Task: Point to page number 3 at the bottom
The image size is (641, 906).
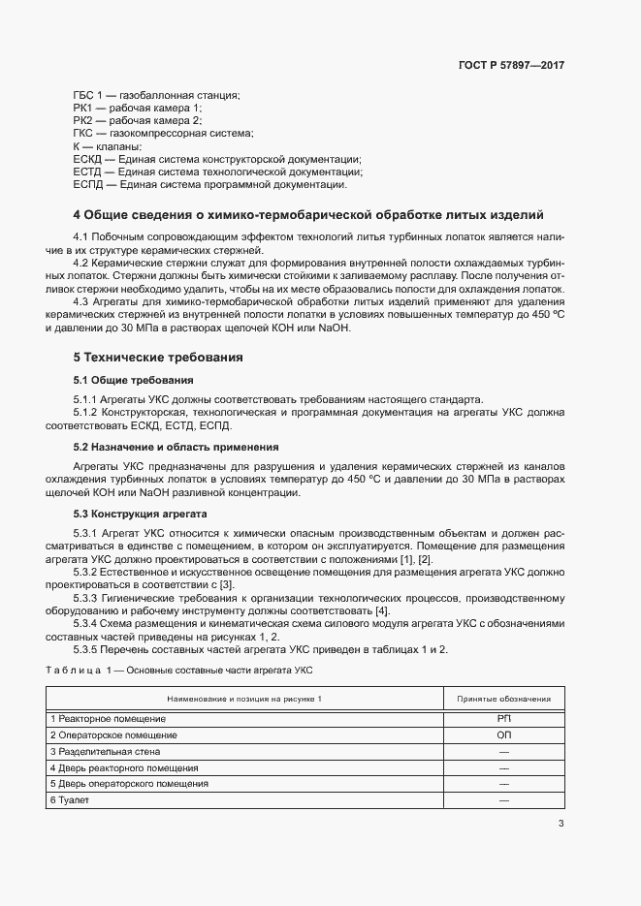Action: (x=561, y=825)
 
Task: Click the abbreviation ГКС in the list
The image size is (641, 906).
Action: (x=83, y=133)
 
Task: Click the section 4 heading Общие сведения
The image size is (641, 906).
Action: (x=308, y=214)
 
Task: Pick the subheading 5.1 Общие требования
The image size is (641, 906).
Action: (x=133, y=380)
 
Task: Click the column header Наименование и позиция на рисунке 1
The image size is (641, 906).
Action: (x=243, y=698)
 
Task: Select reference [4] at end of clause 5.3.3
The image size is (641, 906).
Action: (x=382, y=611)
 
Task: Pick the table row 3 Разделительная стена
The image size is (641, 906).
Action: (x=105, y=751)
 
